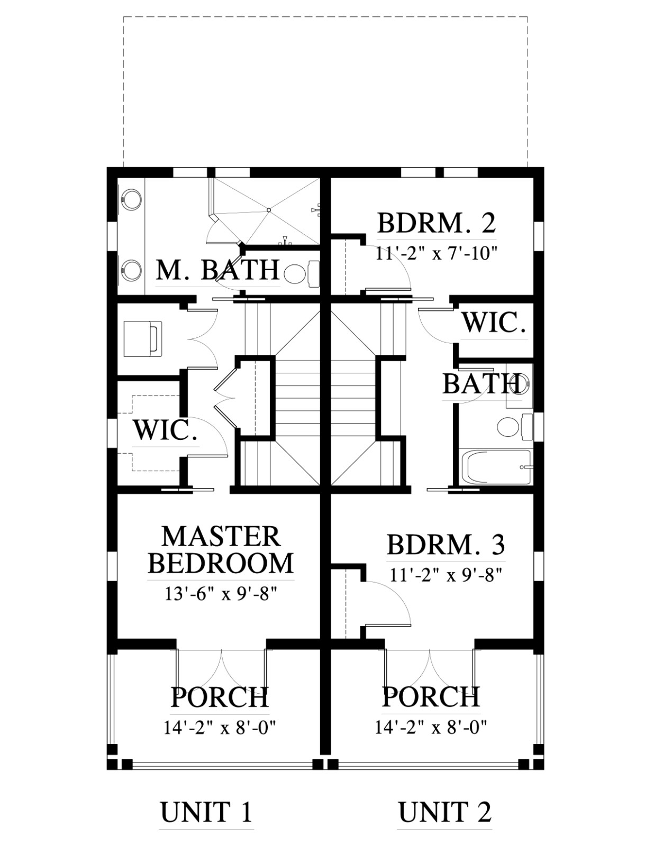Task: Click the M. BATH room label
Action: pyautogui.click(x=218, y=270)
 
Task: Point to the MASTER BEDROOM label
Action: pyautogui.click(x=221, y=550)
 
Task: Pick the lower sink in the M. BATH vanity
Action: pyautogui.click(x=132, y=269)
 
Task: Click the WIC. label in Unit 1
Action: pyautogui.click(x=165, y=430)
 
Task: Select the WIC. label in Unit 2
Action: pyautogui.click(x=494, y=323)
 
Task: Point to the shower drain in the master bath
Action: pyautogui.click(x=268, y=210)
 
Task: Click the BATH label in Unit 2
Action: pyautogui.click(x=482, y=384)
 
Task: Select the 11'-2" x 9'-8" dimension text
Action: pyautogui.click(x=446, y=575)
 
